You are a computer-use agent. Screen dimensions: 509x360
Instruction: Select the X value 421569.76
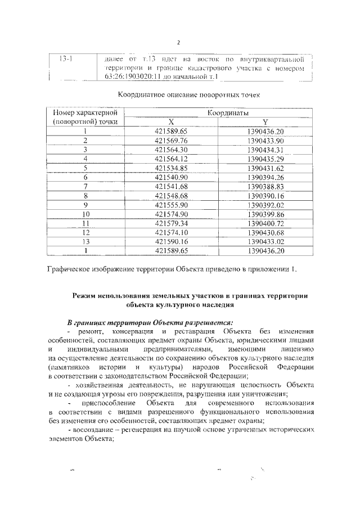(174, 140)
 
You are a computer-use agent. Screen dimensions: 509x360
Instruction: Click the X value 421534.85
(174, 168)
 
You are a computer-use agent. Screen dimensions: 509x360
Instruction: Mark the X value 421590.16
(174, 241)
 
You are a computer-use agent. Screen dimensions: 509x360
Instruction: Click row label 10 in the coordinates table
(86, 214)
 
